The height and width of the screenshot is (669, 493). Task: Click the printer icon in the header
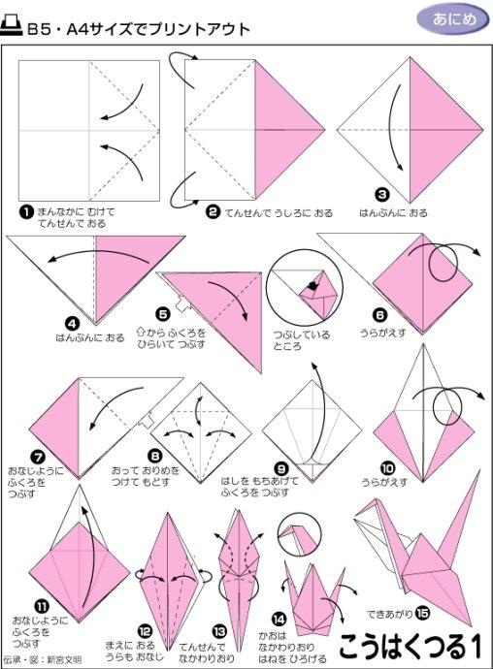13,28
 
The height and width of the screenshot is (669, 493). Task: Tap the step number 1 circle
26,210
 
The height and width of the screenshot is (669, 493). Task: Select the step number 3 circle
382,193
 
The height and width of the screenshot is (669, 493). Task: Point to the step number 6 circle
379,314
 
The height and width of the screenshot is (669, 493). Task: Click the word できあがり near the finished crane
389,614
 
